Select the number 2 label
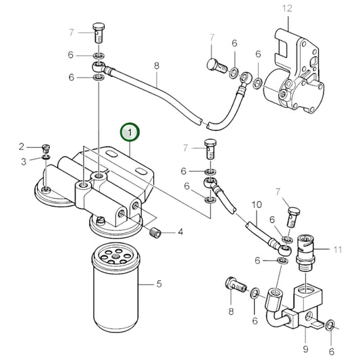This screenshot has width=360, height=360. pyautogui.click(x=21, y=147)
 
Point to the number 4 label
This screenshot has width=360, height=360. pyautogui.click(x=180, y=233)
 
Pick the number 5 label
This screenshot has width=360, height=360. pyautogui.click(x=159, y=284)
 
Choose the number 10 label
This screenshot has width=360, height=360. pyautogui.click(x=256, y=205)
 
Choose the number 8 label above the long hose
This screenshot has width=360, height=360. pyautogui.click(x=156, y=66)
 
